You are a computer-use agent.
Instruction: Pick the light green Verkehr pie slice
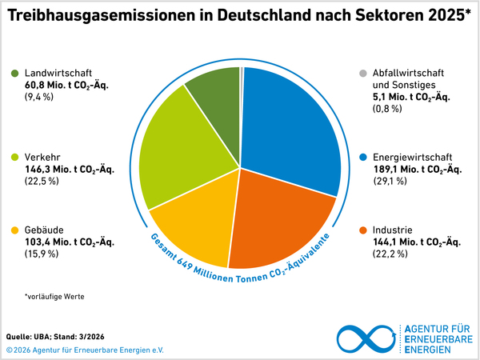pyautogui.click(x=180, y=156)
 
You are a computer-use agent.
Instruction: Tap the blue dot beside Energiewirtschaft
pyautogui.click(x=363, y=158)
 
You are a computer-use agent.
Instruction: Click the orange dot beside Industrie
pyautogui.click(x=363, y=230)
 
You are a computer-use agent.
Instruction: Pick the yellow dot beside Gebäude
pyautogui.click(x=15, y=230)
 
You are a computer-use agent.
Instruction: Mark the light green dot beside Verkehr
pyautogui.click(x=15, y=158)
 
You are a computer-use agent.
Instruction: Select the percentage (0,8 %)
pyautogui.click(x=390, y=110)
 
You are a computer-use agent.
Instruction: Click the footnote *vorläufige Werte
pyautogui.click(x=54, y=297)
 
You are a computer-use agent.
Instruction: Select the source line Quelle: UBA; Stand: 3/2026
pyautogui.click(x=53, y=336)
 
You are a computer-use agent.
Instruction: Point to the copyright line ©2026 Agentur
pyautogui.click(x=84, y=350)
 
